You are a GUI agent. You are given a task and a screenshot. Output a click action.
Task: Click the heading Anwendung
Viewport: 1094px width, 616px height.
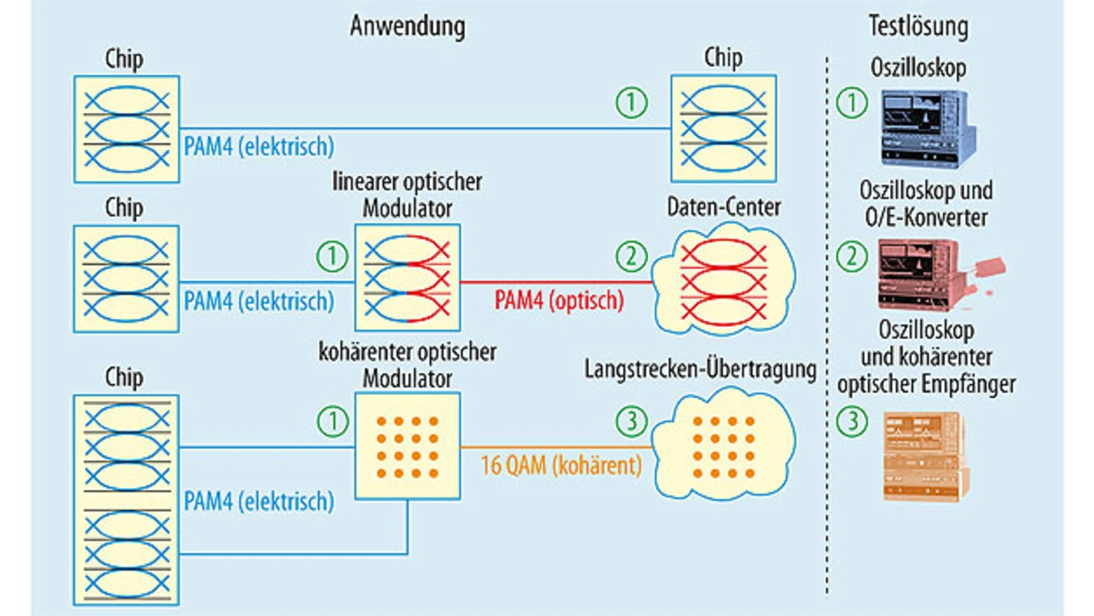pos(408,26)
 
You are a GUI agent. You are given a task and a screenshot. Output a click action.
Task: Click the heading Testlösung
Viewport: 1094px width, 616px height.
pos(919,26)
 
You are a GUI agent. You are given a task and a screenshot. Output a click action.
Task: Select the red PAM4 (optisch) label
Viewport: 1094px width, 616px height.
pos(560,300)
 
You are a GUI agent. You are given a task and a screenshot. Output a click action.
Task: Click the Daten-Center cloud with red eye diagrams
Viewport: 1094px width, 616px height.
pos(723,279)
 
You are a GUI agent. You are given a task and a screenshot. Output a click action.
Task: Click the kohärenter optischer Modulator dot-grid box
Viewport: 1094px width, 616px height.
pos(408,447)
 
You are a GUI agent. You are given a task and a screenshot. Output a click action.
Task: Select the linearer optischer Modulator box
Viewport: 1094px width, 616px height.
pos(408,277)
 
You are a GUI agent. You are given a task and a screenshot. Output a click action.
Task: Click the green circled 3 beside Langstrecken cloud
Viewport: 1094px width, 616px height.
pos(632,420)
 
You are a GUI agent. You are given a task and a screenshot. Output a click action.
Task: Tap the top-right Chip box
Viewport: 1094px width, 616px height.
pos(722,128)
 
